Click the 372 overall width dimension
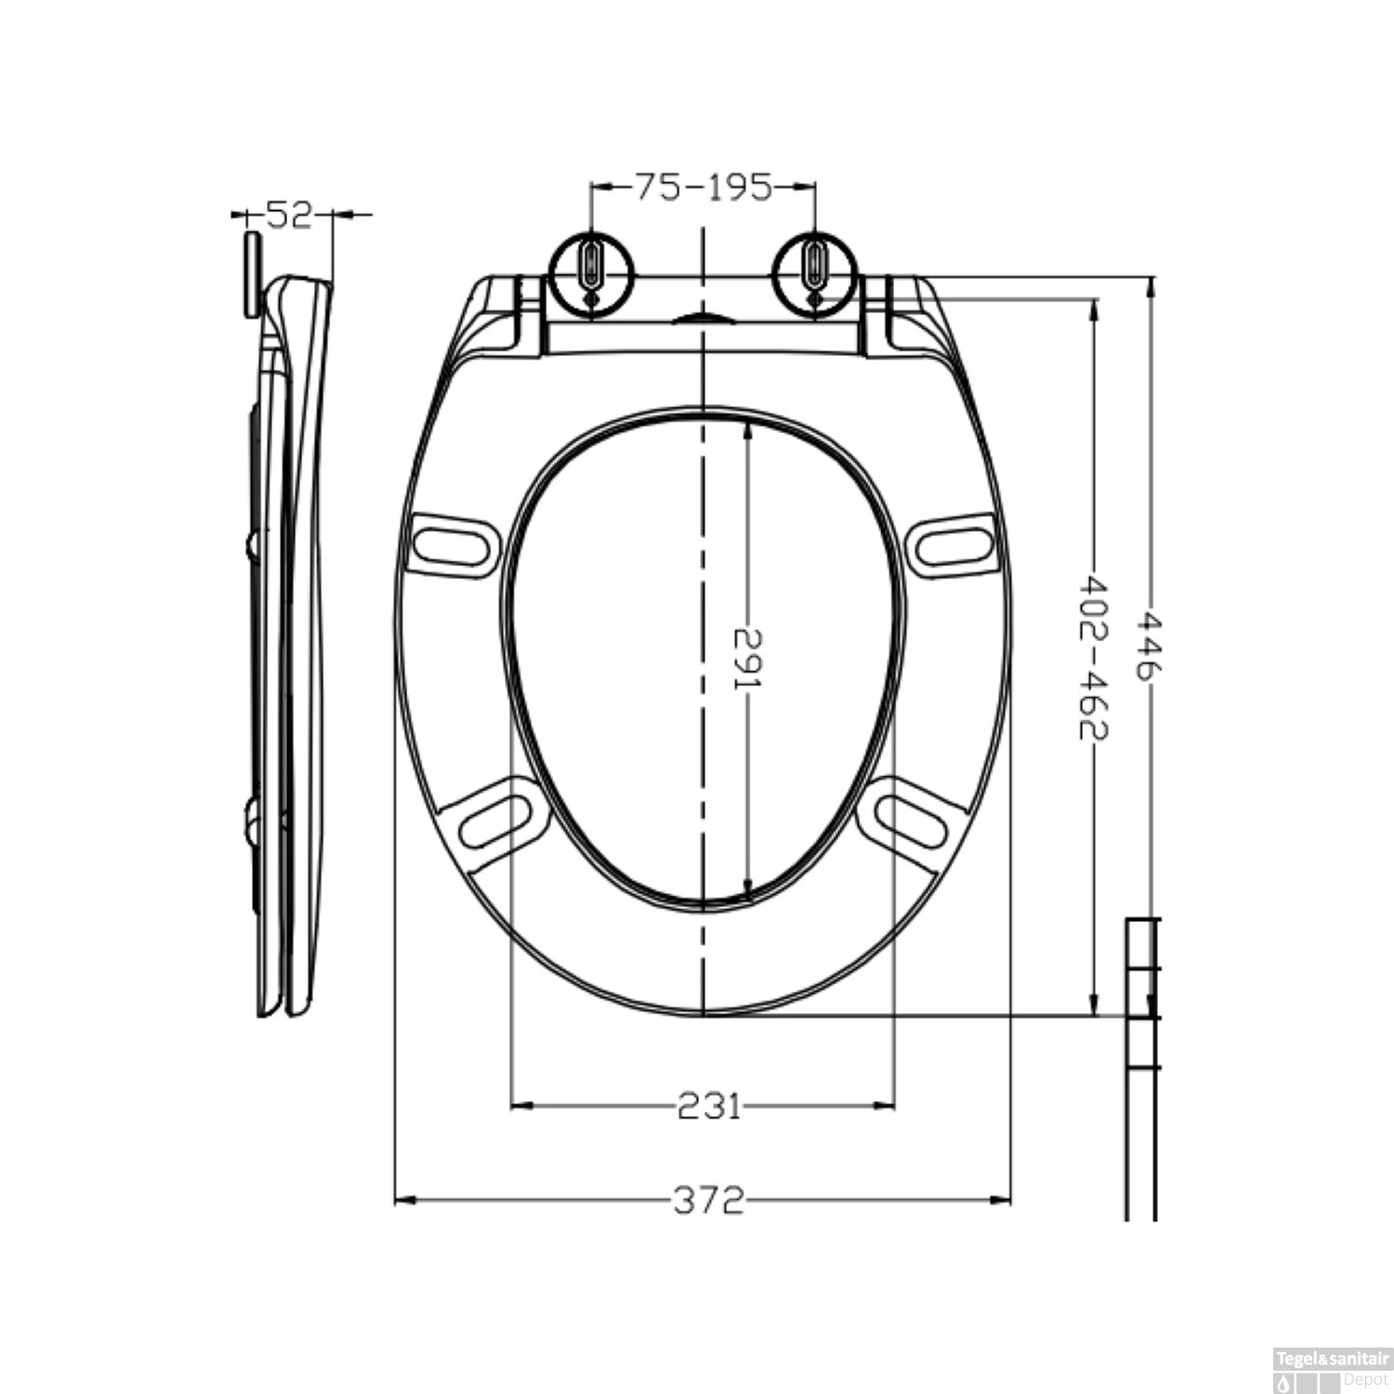(708, 1201)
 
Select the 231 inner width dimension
(708, 1106)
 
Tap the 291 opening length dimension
(747, 659)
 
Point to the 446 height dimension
(1151, 646)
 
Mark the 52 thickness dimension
(287, 216)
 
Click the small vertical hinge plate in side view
(250, 273)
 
